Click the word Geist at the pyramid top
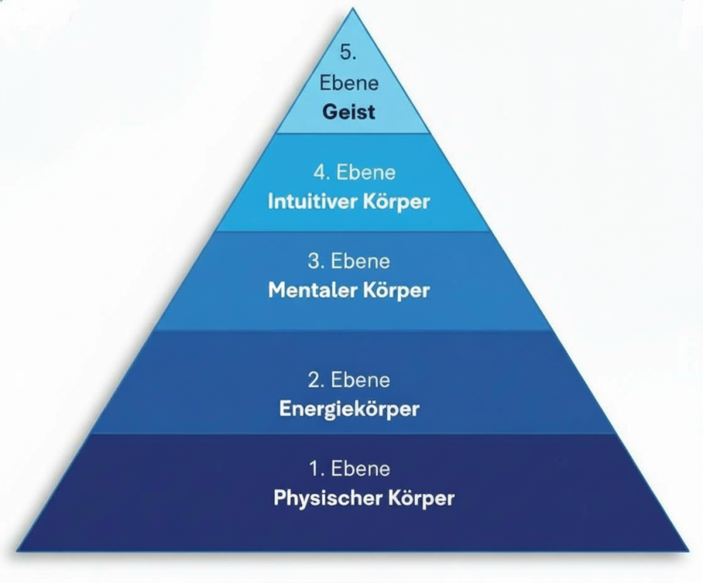coord(349,112)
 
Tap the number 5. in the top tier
coord(349,53)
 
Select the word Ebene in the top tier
coord(349,83)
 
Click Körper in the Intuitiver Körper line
coord(395,202)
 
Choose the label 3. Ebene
coord(349,262)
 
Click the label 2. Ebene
coord(349,380)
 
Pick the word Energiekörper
coord(349,408)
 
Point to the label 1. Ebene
coord(349,468)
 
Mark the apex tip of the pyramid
coord(353,9)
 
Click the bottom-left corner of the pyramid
coord(17,551)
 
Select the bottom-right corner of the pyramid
coord(688,551)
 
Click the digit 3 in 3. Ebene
coord(313,262)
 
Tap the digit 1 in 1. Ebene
coord(312,468)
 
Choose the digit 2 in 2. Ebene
coord(313,380)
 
